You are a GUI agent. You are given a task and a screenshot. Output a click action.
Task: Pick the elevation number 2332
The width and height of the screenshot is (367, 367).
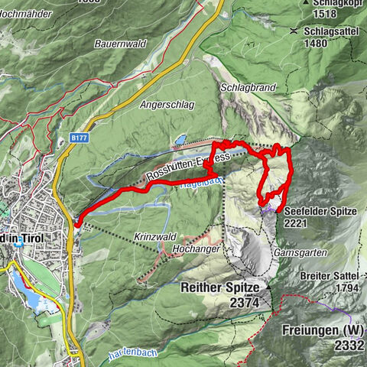coord(346,346)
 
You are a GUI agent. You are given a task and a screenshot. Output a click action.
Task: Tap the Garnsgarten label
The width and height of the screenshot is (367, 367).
coord(304,252)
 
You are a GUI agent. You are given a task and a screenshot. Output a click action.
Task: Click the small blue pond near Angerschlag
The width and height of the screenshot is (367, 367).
coord(179,140)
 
